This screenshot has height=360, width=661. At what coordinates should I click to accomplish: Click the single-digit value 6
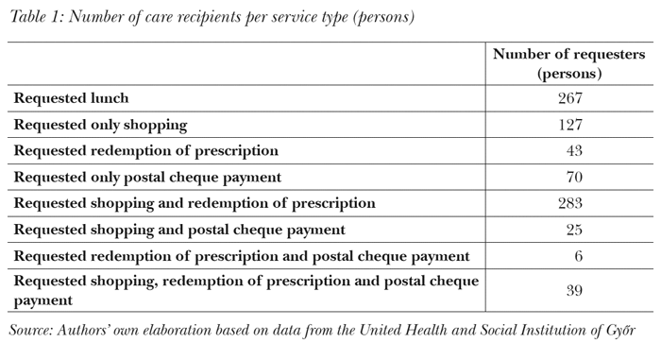coord(576,256)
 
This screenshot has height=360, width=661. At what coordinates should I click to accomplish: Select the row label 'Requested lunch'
coord(71,98)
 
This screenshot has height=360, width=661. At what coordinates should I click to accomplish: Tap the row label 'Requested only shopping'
coord(100,125)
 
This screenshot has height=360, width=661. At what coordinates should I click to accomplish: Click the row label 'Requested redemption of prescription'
coord(145,151)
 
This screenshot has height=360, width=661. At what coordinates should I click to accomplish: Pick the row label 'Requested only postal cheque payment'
coord(147,177)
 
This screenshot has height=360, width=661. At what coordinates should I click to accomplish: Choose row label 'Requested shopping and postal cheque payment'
coord(178,230)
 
